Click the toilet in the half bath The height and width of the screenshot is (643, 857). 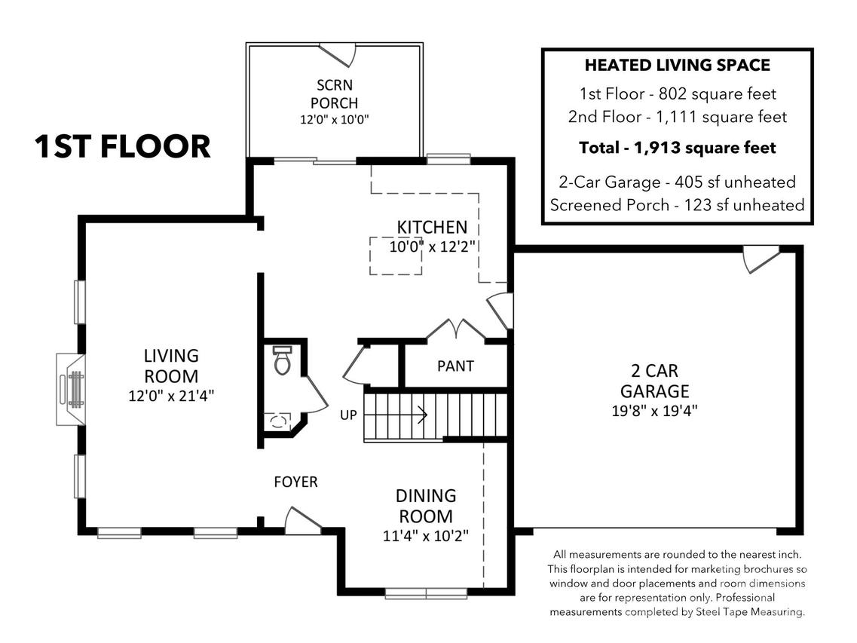[x=282, y=360]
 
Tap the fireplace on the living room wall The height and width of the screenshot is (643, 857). [x=71, y=389]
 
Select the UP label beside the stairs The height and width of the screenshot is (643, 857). [x=348, y=415]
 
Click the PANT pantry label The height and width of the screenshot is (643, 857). [x=455, y=366]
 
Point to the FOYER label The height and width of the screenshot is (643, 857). [x=295, y=482]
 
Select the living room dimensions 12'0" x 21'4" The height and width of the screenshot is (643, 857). [x=171, y=395]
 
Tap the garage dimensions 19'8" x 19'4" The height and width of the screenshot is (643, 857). [x=654, y=410]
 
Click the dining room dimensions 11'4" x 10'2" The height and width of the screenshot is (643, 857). [x=426, y=535]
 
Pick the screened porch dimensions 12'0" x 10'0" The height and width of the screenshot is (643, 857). [x=335, y=119]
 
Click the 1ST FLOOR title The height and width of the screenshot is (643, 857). [x=122, y=146]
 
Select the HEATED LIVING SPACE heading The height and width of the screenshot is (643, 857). [x=677, y=65]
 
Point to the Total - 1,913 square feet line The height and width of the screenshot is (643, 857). [x=677, y=148]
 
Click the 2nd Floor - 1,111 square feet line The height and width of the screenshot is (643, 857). [x=677, y=116]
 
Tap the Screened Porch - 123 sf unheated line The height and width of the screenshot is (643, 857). [x=677, y=205]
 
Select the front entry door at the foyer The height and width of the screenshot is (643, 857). [x=302, y=521]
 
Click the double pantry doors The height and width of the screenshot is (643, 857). [x=456, y=329]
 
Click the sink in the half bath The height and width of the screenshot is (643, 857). [x=278, y=421]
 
